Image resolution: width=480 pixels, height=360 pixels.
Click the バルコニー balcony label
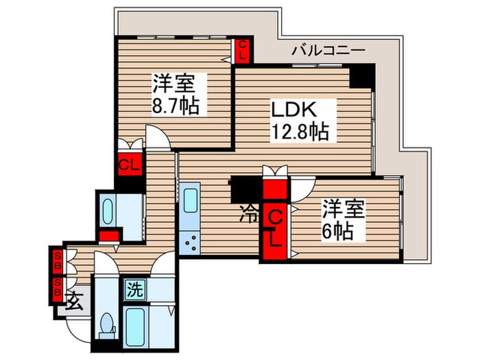tap(326, 49)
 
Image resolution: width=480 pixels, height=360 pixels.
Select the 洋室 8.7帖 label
tap(174, 96)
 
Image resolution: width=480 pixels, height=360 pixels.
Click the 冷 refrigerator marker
tap(248, 214)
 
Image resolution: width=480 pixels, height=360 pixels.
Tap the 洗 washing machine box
tap(134, 289)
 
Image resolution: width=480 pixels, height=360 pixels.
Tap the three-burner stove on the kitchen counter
tap(190, 241)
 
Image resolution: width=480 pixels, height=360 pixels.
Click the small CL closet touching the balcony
tap(243, 49)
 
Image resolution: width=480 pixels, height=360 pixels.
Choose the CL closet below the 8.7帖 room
tap(129, 165)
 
